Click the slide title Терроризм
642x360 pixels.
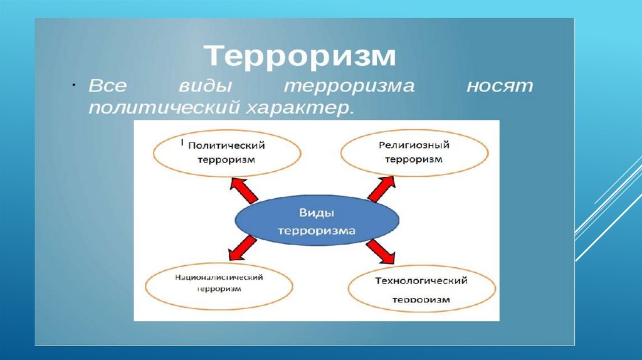[300, 56]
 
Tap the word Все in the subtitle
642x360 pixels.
[112, 86]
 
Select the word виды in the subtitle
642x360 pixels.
[202, 86]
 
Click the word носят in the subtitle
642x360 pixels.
[499, 86]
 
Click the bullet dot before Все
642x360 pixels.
[73, 85]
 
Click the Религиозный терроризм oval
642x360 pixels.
[414, 152]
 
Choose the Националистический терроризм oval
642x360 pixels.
[219, 283]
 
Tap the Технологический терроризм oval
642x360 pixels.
[421, 289]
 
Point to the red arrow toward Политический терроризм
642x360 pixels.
[243, 189]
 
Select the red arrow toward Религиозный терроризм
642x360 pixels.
[382, 188]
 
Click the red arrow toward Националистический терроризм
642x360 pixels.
[241, 247]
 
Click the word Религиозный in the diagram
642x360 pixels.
[414, 145]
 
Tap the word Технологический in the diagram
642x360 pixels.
[421, 280]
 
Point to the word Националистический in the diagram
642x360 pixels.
[219, 277]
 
